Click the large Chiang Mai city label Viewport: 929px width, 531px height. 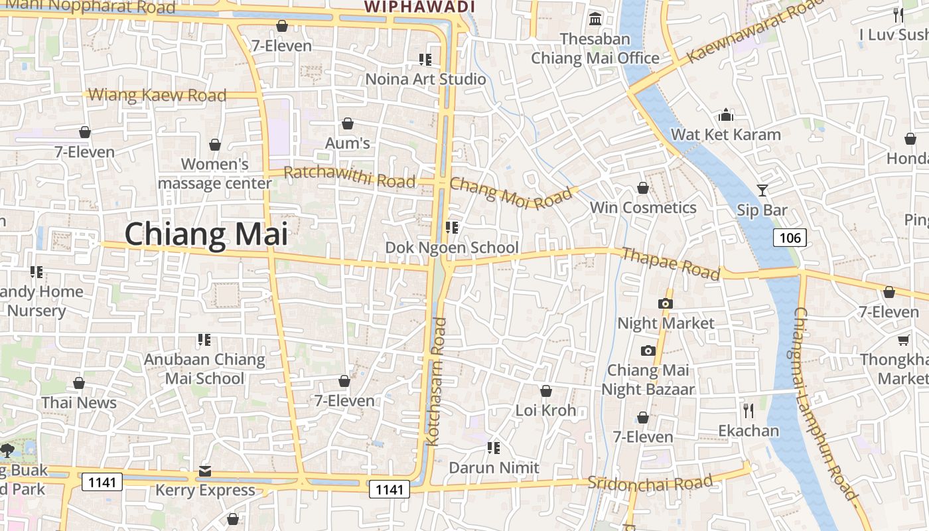coord(206,234)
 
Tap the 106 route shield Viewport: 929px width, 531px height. coord(790,238)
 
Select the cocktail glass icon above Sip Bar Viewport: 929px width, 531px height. coord(762,190)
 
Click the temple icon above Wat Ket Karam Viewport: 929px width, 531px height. coord(726,115)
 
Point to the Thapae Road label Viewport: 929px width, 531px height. coord(670,264)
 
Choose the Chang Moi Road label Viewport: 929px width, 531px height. coord(510,193)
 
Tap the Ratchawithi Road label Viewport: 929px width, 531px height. coord(349,177)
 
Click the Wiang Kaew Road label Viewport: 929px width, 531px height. coord(157,95)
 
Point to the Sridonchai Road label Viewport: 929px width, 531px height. coord(650,483)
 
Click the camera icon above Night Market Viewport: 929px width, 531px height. coord(665,304)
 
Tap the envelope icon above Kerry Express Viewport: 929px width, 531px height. coord(204,471)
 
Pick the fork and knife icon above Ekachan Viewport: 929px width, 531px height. coord(749,411)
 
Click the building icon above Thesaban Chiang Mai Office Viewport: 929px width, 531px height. coord(595,19)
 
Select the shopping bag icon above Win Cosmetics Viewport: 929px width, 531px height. coord(642,189)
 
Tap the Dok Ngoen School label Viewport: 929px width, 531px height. coord(452,248)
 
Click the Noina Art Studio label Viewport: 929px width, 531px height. coord(426,79)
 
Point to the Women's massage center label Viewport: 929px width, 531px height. coord(215,173)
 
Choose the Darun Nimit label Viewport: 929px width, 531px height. coord(494,467)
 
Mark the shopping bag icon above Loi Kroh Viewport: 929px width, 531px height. coord(545,392)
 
